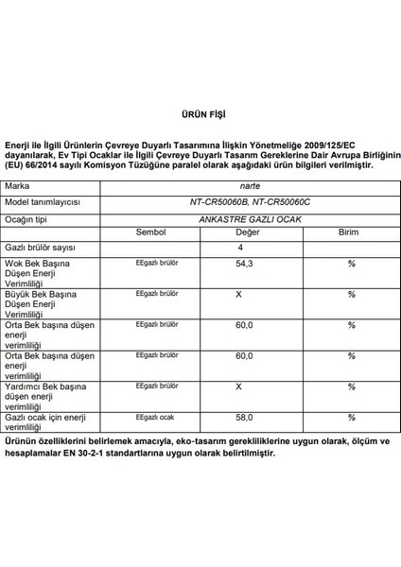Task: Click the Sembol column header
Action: [150, 232]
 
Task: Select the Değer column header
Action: [248, 232]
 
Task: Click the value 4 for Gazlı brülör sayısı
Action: [239, 248]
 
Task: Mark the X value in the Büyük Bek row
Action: [239, 294]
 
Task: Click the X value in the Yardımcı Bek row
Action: [239, 386]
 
